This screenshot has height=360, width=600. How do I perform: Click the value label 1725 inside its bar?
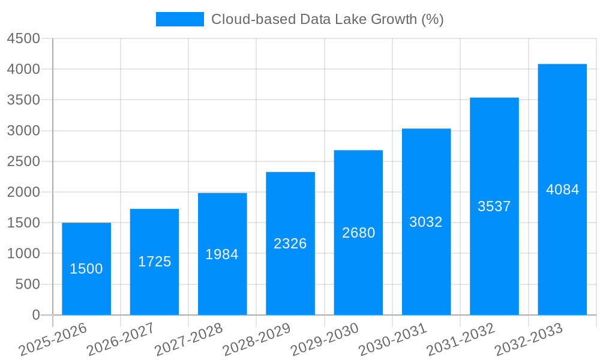pos(155,262)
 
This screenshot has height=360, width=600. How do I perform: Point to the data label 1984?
pos(222,254)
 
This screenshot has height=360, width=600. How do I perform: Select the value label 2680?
pos(359,233)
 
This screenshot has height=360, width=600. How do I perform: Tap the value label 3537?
pos(494,206)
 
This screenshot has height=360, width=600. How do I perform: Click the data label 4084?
pos(563,190)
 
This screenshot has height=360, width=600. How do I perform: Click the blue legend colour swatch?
pos(180,19)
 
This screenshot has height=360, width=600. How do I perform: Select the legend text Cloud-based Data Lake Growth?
pos(327,19)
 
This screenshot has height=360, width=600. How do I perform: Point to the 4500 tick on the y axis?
pos(23,38)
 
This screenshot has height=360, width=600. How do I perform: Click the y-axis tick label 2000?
pos(23,192)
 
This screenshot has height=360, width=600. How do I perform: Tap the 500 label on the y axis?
pos(28,284)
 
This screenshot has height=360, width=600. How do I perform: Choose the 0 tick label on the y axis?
pos(36,315)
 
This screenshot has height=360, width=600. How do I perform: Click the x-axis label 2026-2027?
pos(121,340)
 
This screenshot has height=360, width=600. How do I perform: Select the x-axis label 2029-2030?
pos(325,340)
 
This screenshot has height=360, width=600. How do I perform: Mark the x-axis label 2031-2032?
pos(461,340)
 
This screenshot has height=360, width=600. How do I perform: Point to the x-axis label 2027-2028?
pos(188,340)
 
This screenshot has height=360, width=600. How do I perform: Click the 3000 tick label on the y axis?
pos(23,131)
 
